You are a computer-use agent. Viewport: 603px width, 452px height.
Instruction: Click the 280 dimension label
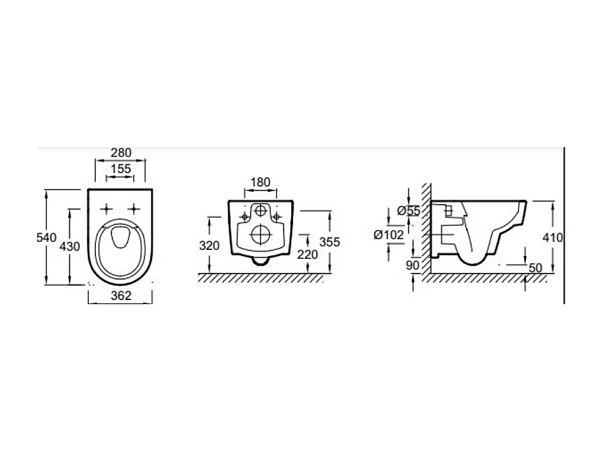[x=121, y=153]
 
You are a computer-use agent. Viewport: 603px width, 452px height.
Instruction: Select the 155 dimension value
[x=121, y=168]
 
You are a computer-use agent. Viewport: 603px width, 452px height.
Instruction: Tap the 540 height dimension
[x=47, y=237]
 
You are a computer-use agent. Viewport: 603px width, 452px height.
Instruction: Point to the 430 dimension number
[x=70, y=246]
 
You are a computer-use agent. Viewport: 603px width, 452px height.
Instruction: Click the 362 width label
[x=121, y=295]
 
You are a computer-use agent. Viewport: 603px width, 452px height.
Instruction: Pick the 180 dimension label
[x=261, y=182]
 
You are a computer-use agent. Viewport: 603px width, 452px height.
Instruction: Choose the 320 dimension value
[x=209, y=245]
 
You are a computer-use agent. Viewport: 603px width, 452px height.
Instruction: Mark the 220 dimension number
[x=308, y=254]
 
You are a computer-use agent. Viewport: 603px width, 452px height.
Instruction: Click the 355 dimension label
[x=330, y=242]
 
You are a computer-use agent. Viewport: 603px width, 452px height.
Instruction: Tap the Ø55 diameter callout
[x=409, y=210]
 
